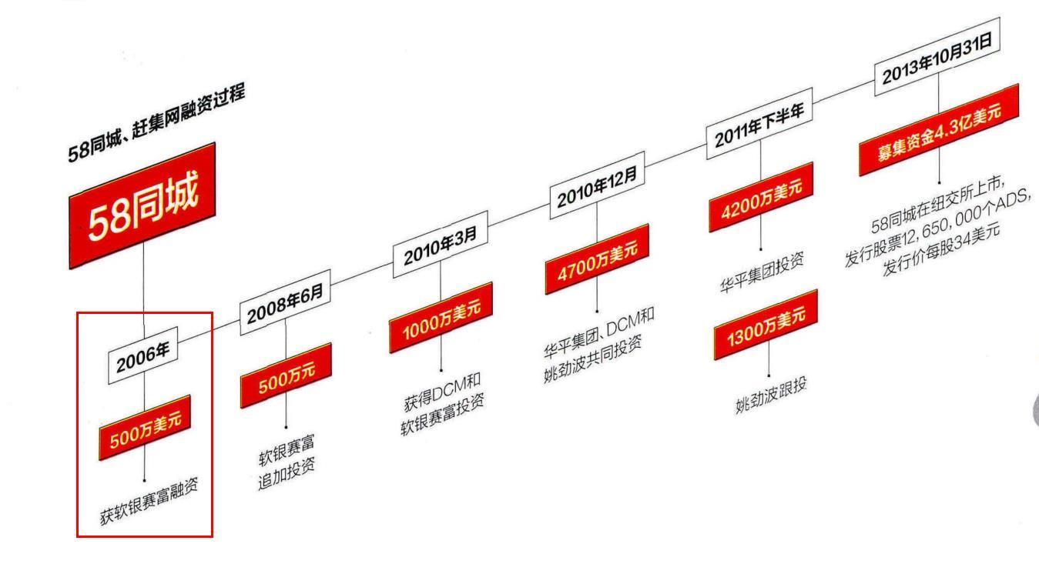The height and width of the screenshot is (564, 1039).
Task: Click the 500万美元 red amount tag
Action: [x=145, y=429]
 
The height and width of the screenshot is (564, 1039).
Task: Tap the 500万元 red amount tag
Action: [x=286, y=374]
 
